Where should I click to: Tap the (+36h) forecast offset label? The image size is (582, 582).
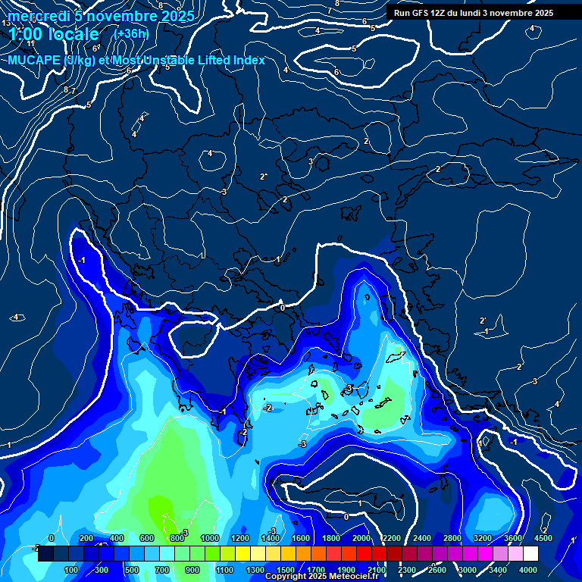[x=130, y=34]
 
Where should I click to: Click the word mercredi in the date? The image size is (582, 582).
[x=37, y=16]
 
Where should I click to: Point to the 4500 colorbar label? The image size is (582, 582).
[x=543, y=538]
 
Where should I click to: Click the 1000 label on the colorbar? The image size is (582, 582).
[x=210, y=538]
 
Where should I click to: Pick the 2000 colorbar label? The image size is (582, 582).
[x=361, y=538]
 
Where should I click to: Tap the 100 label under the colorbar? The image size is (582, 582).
[x=71, y=570]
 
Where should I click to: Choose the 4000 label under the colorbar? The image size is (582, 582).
[x=528, y=570]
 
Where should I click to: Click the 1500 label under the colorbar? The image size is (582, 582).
[x=286, y=570]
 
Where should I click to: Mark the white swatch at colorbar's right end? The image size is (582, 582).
[x=530, y=554]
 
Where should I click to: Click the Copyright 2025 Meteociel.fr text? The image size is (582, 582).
[x=321, y=577]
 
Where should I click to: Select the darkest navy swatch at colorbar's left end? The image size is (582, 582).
[x=45, y=554]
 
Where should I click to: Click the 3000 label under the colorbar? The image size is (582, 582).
[x=468, y=570]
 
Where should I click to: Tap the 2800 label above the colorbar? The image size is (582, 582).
[x=452, y=538]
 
